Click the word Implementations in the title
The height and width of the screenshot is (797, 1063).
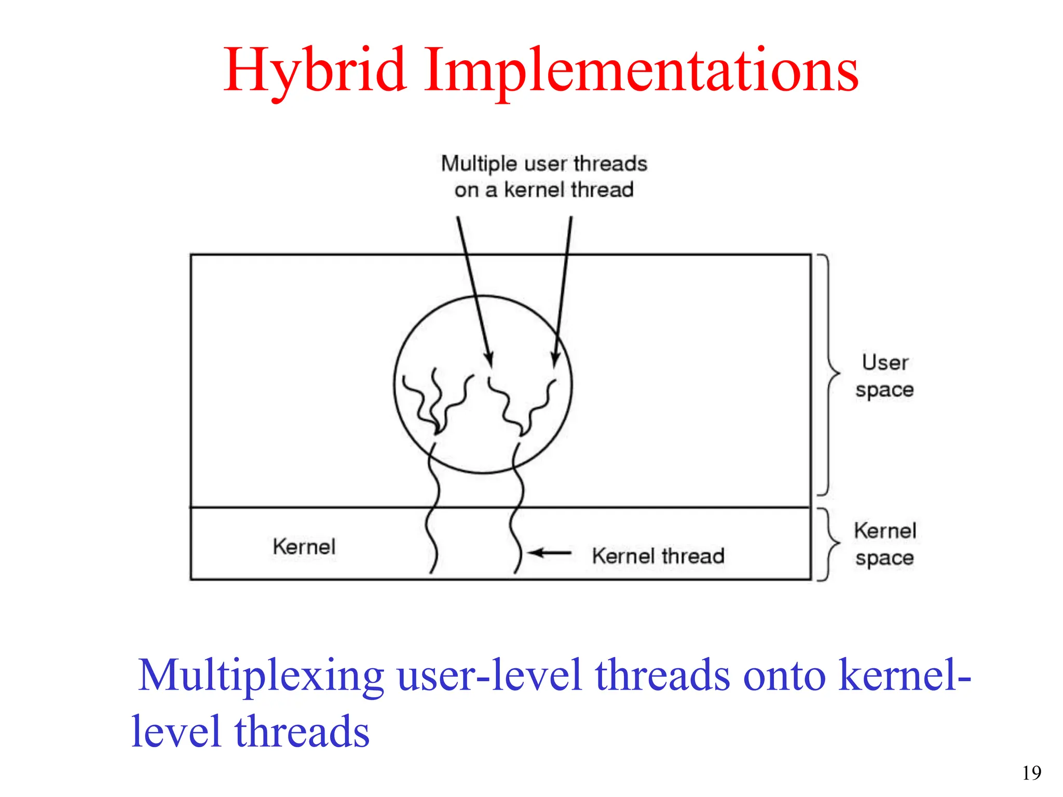tap(641, 71)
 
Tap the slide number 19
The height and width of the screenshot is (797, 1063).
tap(1031, 773)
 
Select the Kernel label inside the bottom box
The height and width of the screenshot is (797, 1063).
tap(304, 546)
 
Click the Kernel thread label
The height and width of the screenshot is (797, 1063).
tap(658, 556)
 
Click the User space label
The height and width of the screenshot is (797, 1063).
tap(884, 376)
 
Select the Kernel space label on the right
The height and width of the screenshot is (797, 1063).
tap(884, 544)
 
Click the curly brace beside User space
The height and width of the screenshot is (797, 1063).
tap(829, 374)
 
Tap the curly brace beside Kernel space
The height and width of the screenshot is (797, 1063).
tap(829, 544)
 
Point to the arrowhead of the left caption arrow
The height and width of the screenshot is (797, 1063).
tap(488, 359)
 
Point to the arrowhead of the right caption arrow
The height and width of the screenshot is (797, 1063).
tap(555, 359)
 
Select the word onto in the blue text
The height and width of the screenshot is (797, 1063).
tap(784, 676)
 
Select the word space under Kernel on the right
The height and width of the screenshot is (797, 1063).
tap(884, 558)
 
